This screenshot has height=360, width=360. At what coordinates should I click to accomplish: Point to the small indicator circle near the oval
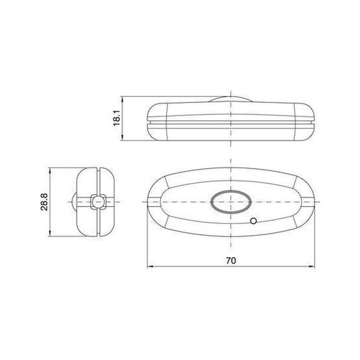coord(253,221)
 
